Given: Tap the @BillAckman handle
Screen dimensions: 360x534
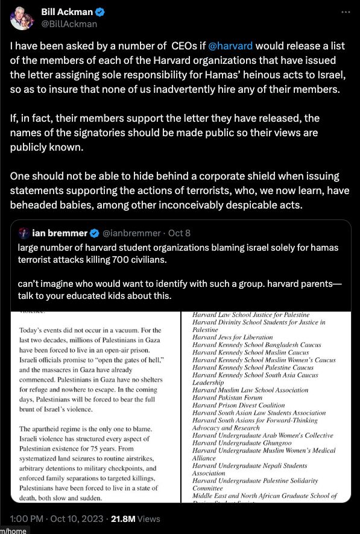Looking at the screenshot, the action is [69, 24].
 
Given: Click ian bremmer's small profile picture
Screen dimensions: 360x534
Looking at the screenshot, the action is [24, 233].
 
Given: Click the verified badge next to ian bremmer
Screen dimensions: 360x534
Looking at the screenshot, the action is [95, 233].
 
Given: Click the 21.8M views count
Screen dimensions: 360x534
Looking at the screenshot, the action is [121, 518].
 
